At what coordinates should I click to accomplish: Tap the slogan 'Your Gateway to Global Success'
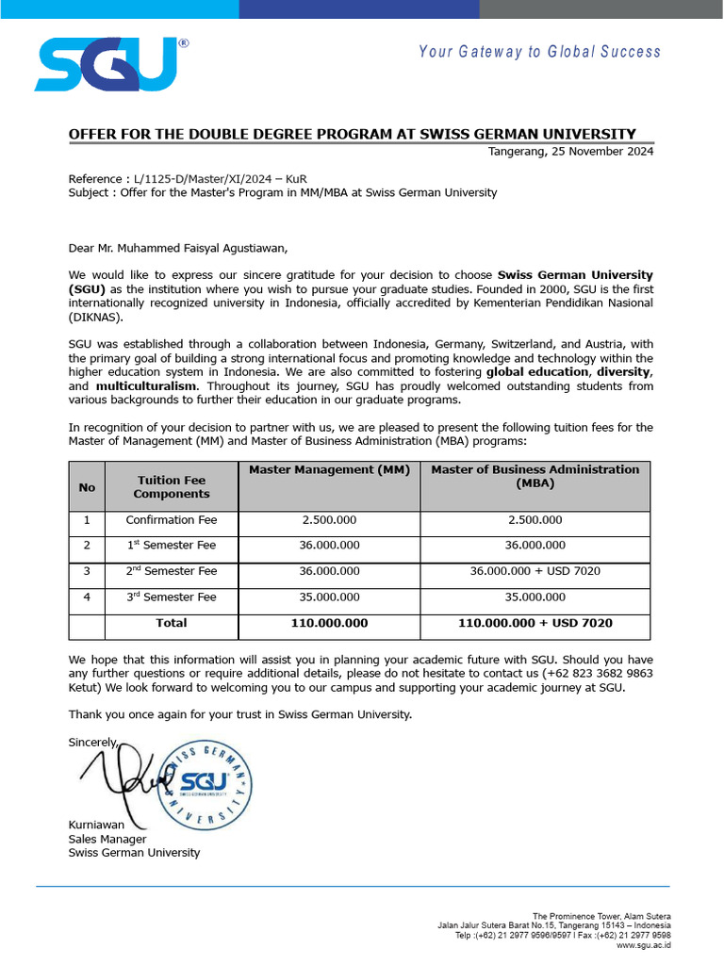click(x=540, y=52)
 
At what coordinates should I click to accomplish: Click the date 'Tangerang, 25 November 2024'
click(x=570, y=152)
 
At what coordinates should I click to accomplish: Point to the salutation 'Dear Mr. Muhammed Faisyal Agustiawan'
click(x=176, y=249)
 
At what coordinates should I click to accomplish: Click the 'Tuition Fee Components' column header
click(x=172, y=486)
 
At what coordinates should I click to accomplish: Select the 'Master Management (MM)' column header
click(x=329, y=469)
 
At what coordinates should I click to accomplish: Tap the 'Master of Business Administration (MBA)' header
click(x=535, y=476)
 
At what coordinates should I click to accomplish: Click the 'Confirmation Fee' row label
click(x=172, y=520)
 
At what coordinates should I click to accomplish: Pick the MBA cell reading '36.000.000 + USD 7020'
click(x=535, y=571)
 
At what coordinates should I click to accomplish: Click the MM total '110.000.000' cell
click(x=329, y=623)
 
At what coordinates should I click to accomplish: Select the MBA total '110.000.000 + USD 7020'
click(x=535, y=623)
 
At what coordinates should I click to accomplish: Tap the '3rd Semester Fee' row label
click(x=172, y=597)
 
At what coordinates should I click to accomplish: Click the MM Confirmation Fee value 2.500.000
click(x=329, y=520)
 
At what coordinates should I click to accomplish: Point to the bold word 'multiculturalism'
click(x=147, y=386)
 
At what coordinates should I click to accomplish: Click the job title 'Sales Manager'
click(x=107, y=839)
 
